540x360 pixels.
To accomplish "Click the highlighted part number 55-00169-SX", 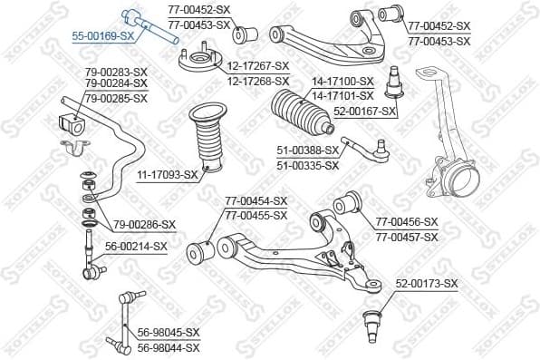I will tap(103, 35).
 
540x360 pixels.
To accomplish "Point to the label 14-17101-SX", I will tap(342, 95).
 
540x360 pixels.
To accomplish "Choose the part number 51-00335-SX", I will tap(307, 165).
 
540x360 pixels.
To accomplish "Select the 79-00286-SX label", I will tap(145, 224).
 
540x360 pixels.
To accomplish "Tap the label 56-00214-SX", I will tap(137, 246).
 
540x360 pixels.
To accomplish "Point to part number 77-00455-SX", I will tap(256, 215).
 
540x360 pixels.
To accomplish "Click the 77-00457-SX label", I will tap(407, 237).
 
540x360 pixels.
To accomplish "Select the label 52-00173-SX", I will tap(427, 284).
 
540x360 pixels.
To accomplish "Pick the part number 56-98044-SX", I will tap(169, 347).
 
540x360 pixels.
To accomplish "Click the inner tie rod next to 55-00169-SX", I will tap(147, 26).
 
